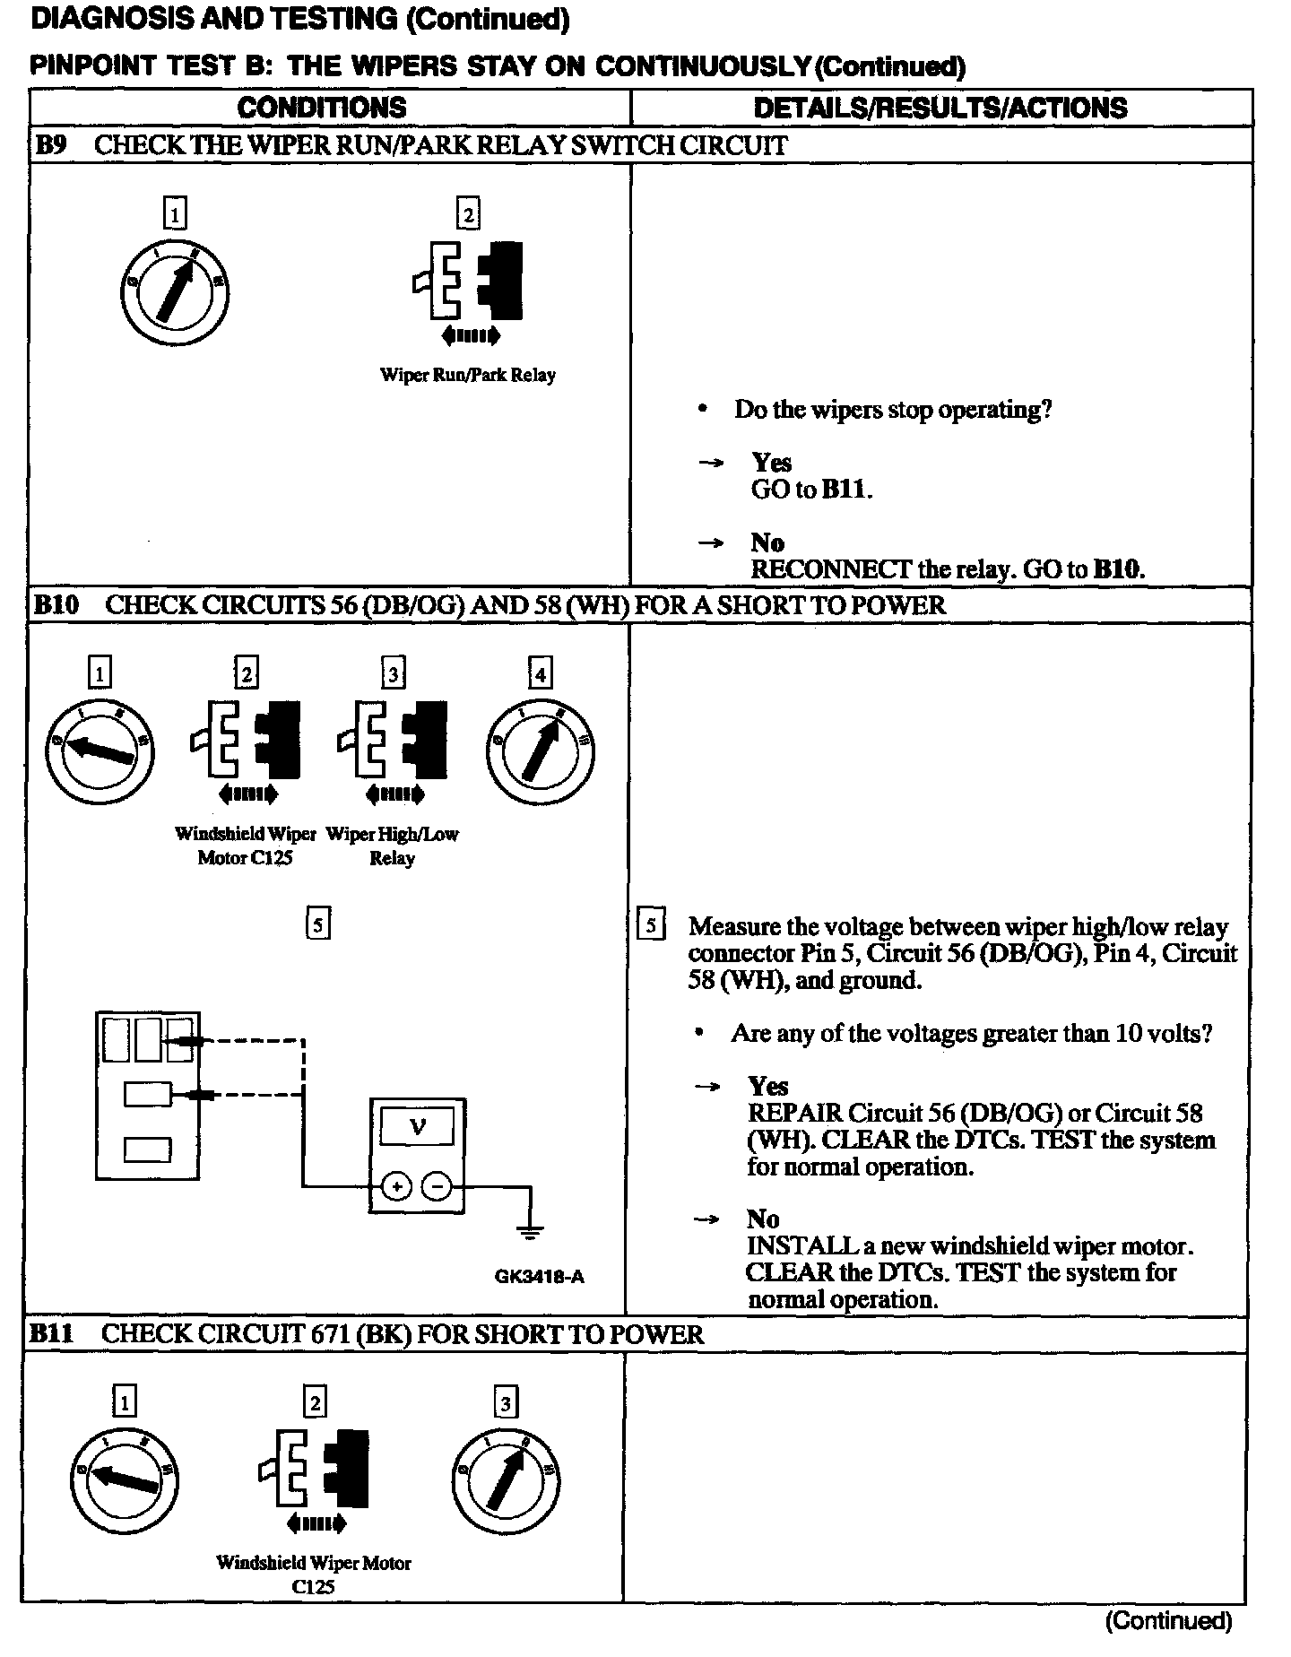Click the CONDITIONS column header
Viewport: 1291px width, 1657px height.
[321, 108]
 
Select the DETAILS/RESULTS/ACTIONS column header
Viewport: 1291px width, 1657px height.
[940, 108]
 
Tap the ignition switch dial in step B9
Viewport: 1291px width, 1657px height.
[176, 291]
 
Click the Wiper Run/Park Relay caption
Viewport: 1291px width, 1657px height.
[467, 375]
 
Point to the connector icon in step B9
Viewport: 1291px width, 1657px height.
[468, 281]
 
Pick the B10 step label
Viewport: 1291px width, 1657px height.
[56, 604]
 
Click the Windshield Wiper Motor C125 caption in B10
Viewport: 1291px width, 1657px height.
[245, 846]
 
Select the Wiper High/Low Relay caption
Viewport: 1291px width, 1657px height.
[392, 846]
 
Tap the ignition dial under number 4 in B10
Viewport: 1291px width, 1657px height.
[542, 750]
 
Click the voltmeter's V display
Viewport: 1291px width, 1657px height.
[417, 1126]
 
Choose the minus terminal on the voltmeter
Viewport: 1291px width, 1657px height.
[438, 1187]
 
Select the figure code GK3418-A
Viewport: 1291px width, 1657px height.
[539, 1276]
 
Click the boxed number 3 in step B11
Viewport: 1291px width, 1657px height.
[506, 1401]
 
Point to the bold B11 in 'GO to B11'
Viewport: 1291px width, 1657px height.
[844, 490]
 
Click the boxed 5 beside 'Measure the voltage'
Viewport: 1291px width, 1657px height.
[650, 925]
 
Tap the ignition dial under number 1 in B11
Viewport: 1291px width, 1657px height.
[124, 1479]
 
